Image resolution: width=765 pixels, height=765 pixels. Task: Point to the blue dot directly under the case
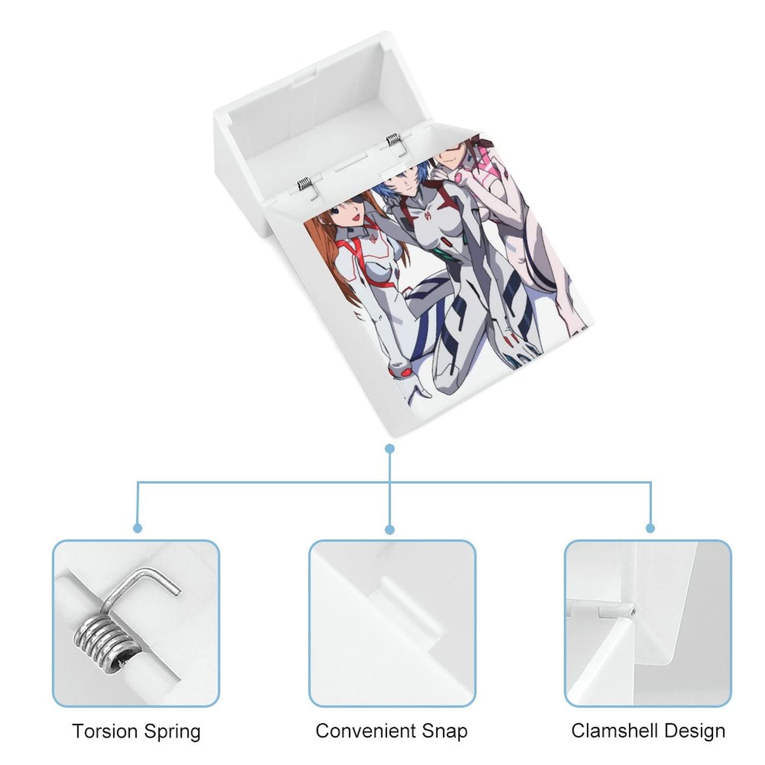point(390,449)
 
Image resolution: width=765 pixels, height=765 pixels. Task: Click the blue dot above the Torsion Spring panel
point(138,528)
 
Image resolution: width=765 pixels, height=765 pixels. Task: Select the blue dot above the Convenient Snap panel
point(390,529)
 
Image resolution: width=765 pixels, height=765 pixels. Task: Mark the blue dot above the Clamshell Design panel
point(650,528)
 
